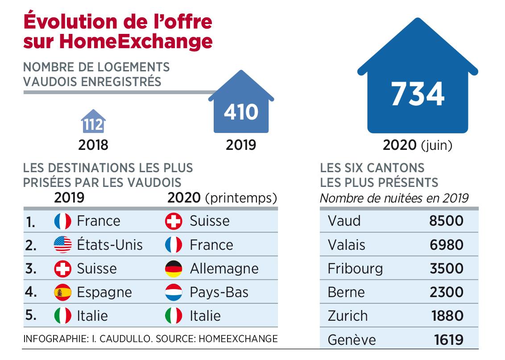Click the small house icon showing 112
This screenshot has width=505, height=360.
pos(93,122)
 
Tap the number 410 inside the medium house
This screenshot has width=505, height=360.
pos(241,112)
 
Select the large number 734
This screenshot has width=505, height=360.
pos(418,94)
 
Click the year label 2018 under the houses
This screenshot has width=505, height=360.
pos(93,145)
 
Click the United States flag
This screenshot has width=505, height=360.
pos(62,244)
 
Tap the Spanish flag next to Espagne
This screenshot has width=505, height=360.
pos(62,292)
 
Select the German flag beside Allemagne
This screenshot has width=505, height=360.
pos(174,269)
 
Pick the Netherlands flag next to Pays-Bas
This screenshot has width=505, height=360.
pos(174,292)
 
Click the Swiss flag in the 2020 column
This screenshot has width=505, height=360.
pos(174,221)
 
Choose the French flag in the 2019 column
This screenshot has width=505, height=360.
pos(62,221)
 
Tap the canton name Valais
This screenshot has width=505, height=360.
pos(346,244)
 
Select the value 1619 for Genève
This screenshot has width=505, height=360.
pos(448,340)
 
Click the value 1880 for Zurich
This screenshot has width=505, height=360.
pos(447,316)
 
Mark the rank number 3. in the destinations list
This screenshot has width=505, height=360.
pos(31,269)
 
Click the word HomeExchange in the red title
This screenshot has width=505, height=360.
pos(137,41)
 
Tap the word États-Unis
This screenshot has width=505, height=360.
pos(110,244)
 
